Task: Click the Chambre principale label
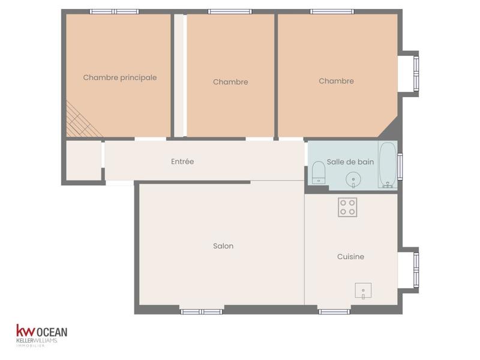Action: (120, 77)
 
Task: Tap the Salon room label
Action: (223, 246)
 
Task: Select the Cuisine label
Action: (350, 257)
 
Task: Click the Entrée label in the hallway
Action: (182, 161)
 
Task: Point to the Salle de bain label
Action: (350, 162)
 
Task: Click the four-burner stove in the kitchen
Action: (347, 207)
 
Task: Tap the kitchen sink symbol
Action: (363, 290)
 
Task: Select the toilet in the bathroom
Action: (319, 173)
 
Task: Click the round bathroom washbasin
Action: (353, 179)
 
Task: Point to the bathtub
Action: (388, 165)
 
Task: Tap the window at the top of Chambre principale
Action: (114, 11)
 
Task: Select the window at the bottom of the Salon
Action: (202, 311)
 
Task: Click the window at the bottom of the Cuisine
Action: (334, 311)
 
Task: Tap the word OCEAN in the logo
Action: (53, 332)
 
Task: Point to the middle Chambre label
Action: (230, 82)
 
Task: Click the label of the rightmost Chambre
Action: (336, 81)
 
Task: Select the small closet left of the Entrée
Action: (83, 160)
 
